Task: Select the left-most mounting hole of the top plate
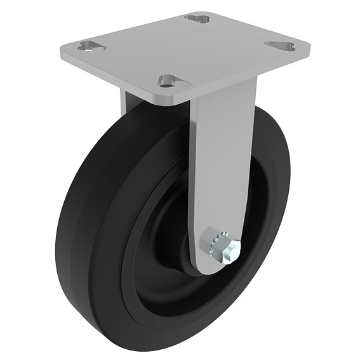(91, 46)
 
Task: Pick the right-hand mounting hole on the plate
(280, 46)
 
